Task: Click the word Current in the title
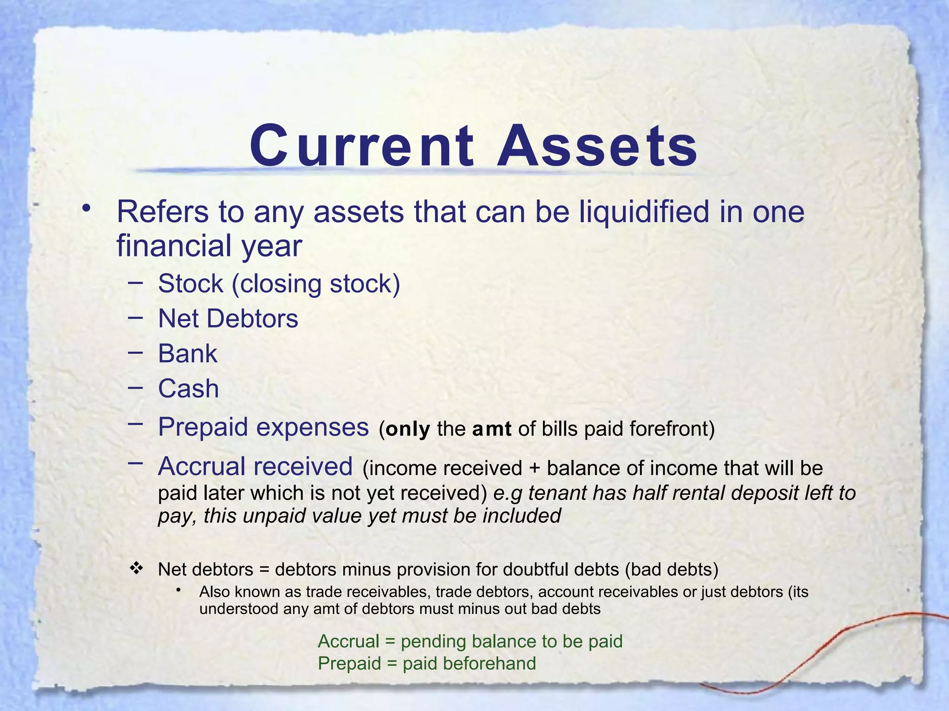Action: point(362,146)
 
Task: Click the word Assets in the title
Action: point(597,146)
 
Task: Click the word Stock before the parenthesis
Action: point(190,284)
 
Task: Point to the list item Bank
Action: point(188,354)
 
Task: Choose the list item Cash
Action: point(188,388)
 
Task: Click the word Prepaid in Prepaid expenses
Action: point(203,427)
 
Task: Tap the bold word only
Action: point(408,429)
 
